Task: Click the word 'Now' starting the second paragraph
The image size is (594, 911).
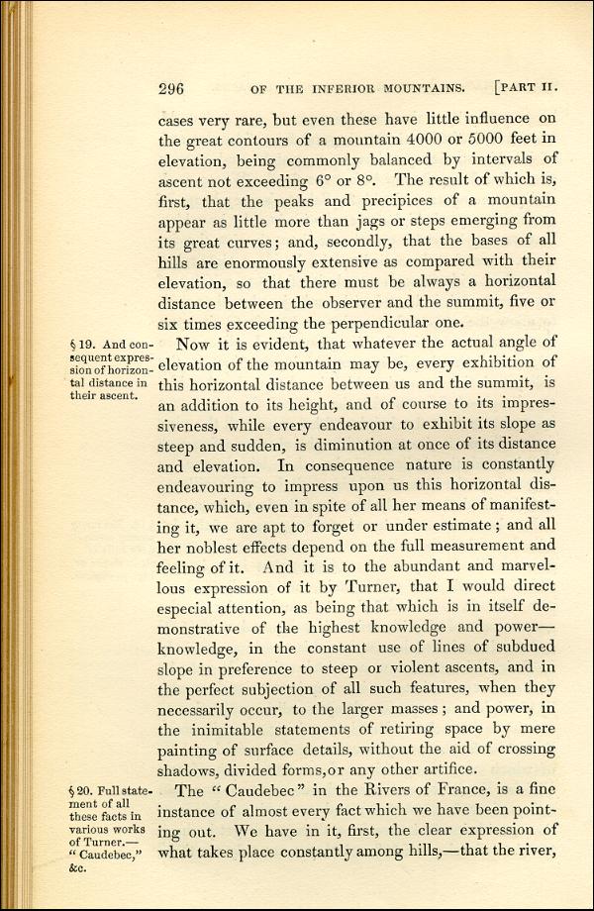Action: (x=193, y=344)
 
